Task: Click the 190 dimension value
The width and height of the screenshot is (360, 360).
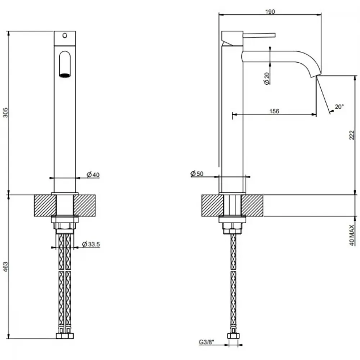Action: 270,12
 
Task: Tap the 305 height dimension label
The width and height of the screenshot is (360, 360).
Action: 5,112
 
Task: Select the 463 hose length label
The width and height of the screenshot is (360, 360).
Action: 5,267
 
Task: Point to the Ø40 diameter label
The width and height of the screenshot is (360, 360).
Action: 93,175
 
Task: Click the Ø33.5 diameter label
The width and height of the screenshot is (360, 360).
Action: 91,244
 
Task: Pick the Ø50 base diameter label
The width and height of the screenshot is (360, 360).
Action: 197,174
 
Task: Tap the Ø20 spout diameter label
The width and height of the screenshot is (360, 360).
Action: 267,78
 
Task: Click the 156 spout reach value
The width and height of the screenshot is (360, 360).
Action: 274,111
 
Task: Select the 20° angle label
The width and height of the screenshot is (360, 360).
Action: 339,107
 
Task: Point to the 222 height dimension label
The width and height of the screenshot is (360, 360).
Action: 352,135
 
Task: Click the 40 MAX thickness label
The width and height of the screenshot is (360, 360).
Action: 352,235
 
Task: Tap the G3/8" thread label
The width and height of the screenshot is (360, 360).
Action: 206,342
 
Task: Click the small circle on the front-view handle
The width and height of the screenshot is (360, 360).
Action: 65,36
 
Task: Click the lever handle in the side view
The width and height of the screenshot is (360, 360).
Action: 259,35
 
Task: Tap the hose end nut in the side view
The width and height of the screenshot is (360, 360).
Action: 233,336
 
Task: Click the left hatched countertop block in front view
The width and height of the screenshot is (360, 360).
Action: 45,206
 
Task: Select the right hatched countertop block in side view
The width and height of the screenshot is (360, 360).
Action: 252,206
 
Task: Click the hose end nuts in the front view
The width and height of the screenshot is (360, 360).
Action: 65,336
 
